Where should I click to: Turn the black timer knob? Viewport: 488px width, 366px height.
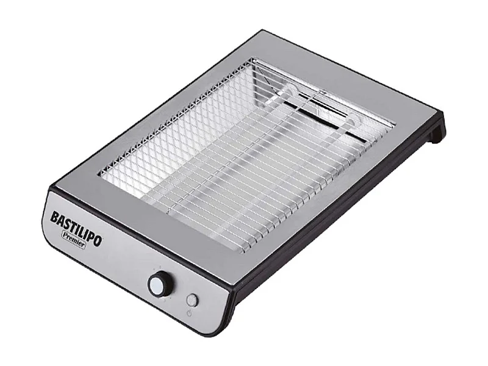pos(160,284)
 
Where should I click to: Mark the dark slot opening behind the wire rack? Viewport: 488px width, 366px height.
pos(329,110)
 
